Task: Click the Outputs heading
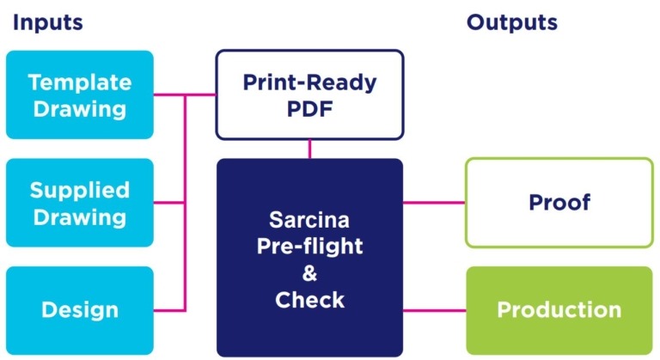click(512, 23)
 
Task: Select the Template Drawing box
click(79, 95)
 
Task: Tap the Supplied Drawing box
click(79, 203)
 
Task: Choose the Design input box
click(79, 309)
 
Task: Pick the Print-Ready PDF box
click(309, 95)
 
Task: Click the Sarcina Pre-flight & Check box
click(309, 257)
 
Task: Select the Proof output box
click(559, 203)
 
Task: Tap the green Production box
click(559, 309)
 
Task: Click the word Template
click(79, 82)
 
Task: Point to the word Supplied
click(79, 190)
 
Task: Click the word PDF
click(309, 109)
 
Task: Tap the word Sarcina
click(309, 220)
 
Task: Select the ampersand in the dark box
click(309, 274)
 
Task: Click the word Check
click(309, 301)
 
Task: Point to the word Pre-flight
click(309, 247)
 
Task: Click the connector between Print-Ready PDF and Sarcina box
click(309, 149)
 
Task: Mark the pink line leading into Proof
click(434, 203)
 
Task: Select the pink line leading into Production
click(434, 309)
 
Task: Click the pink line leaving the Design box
click(169, 309)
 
